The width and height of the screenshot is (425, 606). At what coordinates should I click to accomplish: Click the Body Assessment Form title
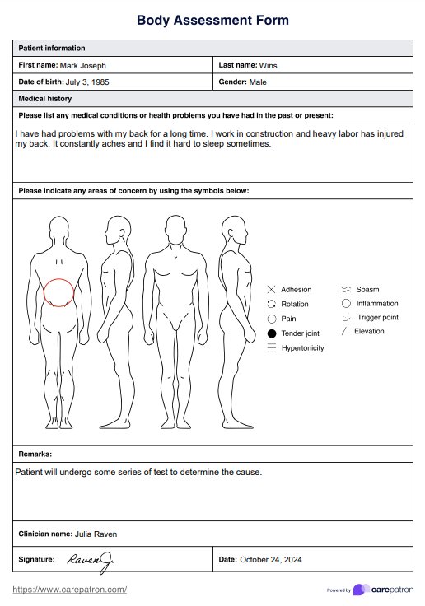point(212,20)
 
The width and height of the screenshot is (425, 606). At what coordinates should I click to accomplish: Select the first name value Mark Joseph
point(82,65)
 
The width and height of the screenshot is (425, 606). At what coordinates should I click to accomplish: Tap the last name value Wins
point(268,65)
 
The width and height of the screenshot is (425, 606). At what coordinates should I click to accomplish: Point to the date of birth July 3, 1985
point(87,82)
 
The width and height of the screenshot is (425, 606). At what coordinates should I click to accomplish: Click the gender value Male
point(258,82)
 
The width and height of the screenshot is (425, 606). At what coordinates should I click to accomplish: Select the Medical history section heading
point(45,99)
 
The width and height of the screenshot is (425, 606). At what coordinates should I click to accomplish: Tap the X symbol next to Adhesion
point(272,289)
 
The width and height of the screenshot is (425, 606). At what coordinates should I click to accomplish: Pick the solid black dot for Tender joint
point(272,333)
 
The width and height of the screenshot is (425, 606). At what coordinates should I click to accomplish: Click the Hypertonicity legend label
point(303,347)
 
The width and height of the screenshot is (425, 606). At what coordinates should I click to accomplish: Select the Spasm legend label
point(367,290)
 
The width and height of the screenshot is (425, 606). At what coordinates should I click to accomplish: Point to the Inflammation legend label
point(377,303)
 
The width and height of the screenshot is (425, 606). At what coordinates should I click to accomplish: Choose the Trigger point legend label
point(378,317)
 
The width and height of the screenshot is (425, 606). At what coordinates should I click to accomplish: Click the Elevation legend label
point(369,331)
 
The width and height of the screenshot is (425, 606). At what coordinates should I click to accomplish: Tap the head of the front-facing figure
point(175,230)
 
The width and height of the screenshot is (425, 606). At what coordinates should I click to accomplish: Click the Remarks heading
point(35,454)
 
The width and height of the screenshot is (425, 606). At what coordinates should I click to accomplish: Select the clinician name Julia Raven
point(96,534)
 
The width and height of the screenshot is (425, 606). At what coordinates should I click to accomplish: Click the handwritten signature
point(91,562)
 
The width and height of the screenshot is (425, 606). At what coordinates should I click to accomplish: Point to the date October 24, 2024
point(271,560)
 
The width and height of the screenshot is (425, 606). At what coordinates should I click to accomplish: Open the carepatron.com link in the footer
point(70,590)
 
